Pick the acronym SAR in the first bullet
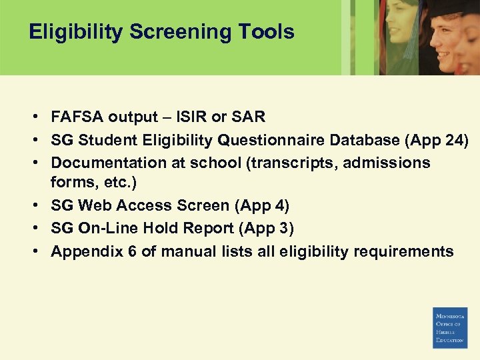pos(247,117)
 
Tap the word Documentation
pos(109,163)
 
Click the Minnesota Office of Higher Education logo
pos(450,327)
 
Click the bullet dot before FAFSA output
pos(33,117)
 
